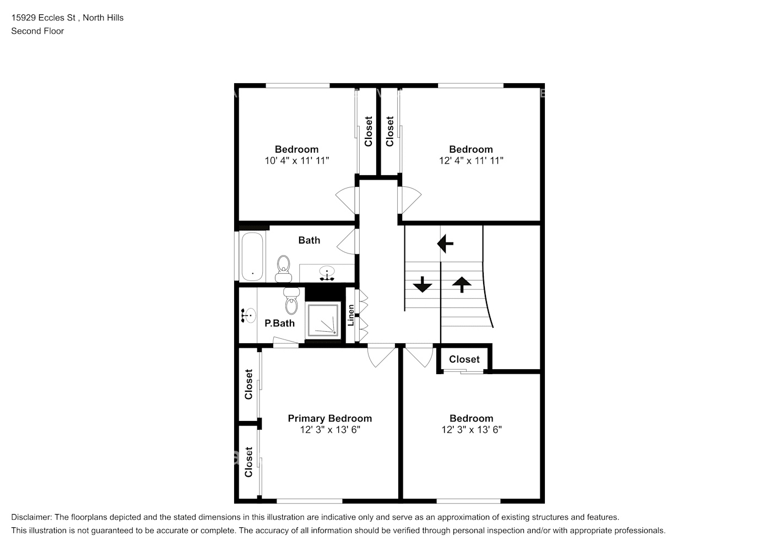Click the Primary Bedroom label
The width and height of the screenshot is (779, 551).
329,418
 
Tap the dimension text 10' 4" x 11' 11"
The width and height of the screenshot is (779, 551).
296,161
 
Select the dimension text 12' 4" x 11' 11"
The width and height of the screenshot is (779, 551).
471,161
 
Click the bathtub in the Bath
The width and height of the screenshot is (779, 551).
252,256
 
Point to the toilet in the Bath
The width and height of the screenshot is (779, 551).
284,268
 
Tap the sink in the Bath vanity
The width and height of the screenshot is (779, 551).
327,273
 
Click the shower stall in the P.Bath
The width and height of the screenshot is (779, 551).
322,321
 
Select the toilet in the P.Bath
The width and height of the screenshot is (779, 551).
291,301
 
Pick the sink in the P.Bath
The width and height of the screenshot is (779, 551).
248,316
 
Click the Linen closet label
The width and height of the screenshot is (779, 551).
351,315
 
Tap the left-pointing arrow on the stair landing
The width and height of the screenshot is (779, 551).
445,244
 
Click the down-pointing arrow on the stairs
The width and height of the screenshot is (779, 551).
423,284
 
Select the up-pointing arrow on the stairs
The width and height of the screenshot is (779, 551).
462,284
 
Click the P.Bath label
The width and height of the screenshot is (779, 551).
280,323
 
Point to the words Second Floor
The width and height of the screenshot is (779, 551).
37,31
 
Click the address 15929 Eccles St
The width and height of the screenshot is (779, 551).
44,18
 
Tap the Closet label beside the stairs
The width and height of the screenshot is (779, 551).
464,359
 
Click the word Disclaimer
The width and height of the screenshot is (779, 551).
31,517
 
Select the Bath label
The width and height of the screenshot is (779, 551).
309,240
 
